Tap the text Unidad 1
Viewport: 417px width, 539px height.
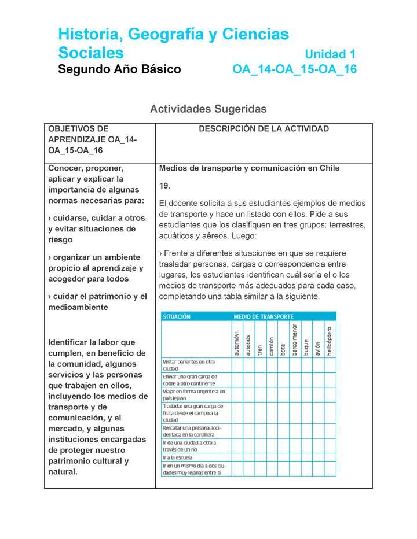coord(330,54)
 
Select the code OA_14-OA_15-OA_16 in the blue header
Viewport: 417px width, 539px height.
coord(294,70)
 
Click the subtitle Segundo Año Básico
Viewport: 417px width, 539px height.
coord(119,70)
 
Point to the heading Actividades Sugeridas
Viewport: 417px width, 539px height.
coord(208,109)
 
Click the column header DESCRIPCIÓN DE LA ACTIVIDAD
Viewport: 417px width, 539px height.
coord(264,129)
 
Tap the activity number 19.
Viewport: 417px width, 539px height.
coord(164,186)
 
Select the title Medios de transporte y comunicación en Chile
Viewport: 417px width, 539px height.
coord(249,168)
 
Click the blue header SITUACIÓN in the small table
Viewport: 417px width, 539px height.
coord(177,316)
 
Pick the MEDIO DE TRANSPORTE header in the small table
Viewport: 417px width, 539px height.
coord(263,316)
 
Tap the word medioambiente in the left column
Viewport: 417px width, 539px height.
coord(78,307)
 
